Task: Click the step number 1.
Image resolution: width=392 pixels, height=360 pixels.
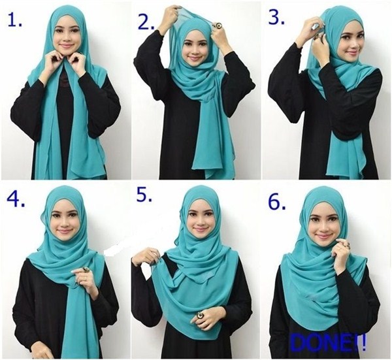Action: coord(14,20)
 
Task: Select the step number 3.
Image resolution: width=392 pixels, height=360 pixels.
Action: coord(276,17)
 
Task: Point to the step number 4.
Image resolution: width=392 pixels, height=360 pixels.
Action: coord(16,199)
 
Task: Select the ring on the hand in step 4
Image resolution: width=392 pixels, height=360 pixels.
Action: coord(86,270)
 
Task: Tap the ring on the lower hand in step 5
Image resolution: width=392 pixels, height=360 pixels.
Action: coord(200,315)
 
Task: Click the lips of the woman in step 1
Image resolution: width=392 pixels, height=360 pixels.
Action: coord(67,46)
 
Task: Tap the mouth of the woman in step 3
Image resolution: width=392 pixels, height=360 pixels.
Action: coord(353,52)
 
